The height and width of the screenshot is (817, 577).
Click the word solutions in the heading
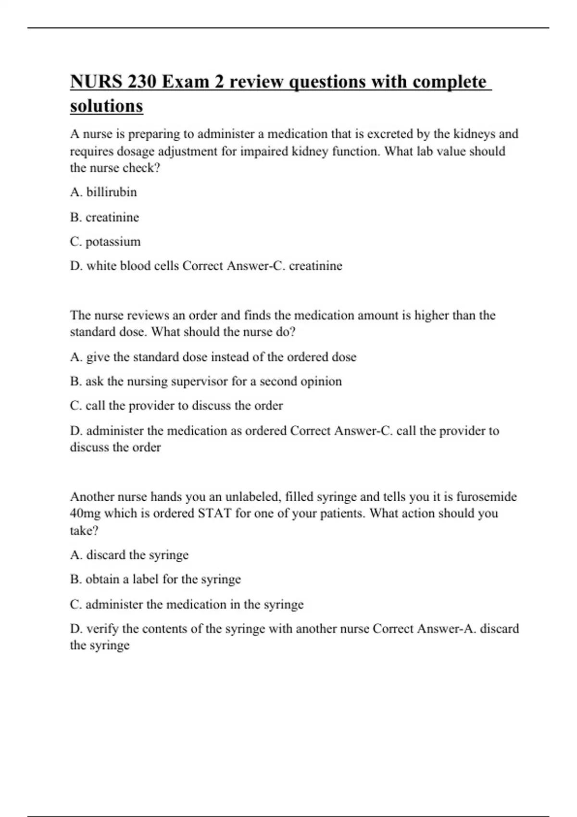(x=106, y=106)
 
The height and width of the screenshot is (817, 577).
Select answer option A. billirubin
(x=103, y=192)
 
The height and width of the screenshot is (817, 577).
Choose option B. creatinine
(x=104, y=217)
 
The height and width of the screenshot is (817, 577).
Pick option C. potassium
(x=105, y=241)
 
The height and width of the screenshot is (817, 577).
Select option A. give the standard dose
(x=213, y=357)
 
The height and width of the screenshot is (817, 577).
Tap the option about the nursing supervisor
(x=206, y=382)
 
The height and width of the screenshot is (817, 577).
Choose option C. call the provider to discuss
(x=176, y=406)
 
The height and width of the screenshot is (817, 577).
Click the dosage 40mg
(x=85, y=513)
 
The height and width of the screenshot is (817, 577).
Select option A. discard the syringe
(x=129, y=555)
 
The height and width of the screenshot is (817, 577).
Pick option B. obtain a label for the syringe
(x=155, y=579)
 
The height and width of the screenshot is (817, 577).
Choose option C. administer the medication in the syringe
(x=187, y=604)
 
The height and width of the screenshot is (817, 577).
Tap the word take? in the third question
(x=84, y=531)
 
